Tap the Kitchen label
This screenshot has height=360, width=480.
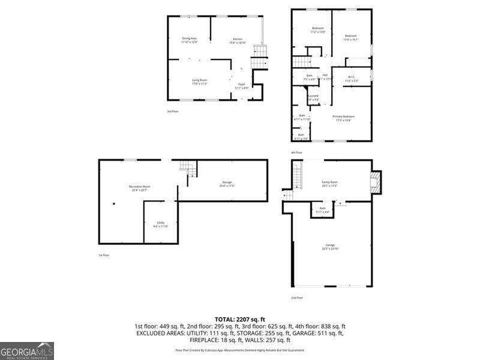[x=238, y=40]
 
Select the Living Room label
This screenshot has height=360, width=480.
[x=199, y=82]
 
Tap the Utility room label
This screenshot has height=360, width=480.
[x=161, y=224]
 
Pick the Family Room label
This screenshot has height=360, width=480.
[x=330, y=184]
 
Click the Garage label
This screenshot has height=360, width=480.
[x=330, y=246]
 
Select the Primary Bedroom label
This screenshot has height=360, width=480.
[x=344, y=118]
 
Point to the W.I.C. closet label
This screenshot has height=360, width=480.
[x=352, y=78]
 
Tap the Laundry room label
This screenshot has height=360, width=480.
[x=313, y=97]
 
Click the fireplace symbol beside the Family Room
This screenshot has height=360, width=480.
[x=375, y=182]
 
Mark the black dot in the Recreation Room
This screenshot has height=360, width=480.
[x=114, y=203]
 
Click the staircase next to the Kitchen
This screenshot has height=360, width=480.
[x=259, y=58]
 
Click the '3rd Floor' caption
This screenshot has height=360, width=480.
[x=173, y=112]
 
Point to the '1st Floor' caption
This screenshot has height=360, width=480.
[x=104, y=256]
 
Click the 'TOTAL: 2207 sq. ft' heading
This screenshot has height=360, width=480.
[x=239, y=319]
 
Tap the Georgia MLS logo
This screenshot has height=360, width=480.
[x=27, y=350]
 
